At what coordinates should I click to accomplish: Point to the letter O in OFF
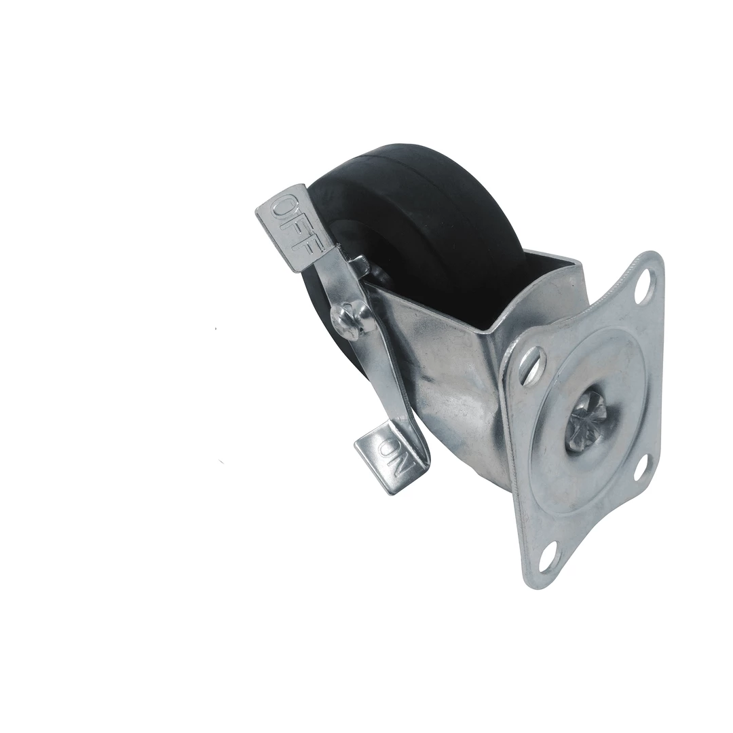click(284, 207)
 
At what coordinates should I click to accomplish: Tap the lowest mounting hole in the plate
click(547, 557)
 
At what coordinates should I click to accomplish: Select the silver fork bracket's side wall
click(448, 380)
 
